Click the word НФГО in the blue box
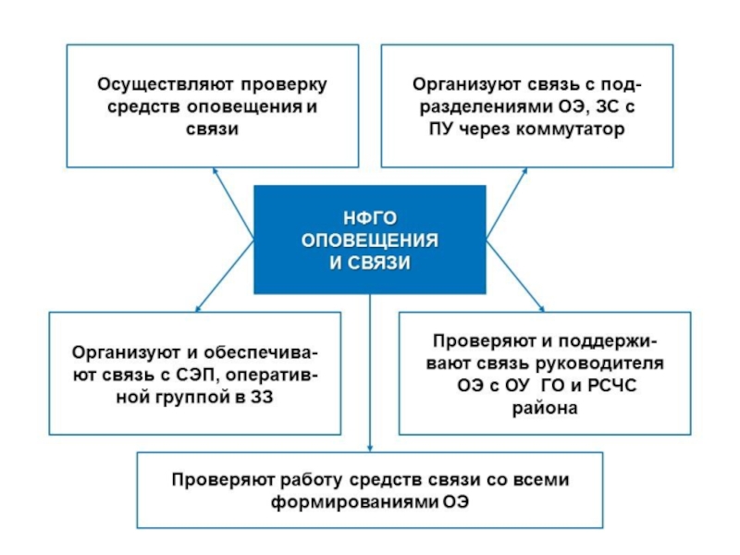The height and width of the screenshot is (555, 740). click(x=370, y=218)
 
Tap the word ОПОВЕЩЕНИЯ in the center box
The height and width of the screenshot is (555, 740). click(x=370, y=240)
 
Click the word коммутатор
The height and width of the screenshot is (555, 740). click(x=574, y=129)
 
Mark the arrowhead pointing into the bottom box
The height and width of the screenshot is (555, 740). click(x=370, y=448)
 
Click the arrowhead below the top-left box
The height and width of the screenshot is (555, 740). click(x=215, y=171)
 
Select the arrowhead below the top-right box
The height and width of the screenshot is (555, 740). click(x=524, y=171)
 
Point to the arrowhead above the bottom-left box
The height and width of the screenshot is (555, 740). click(x=195, y=308)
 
